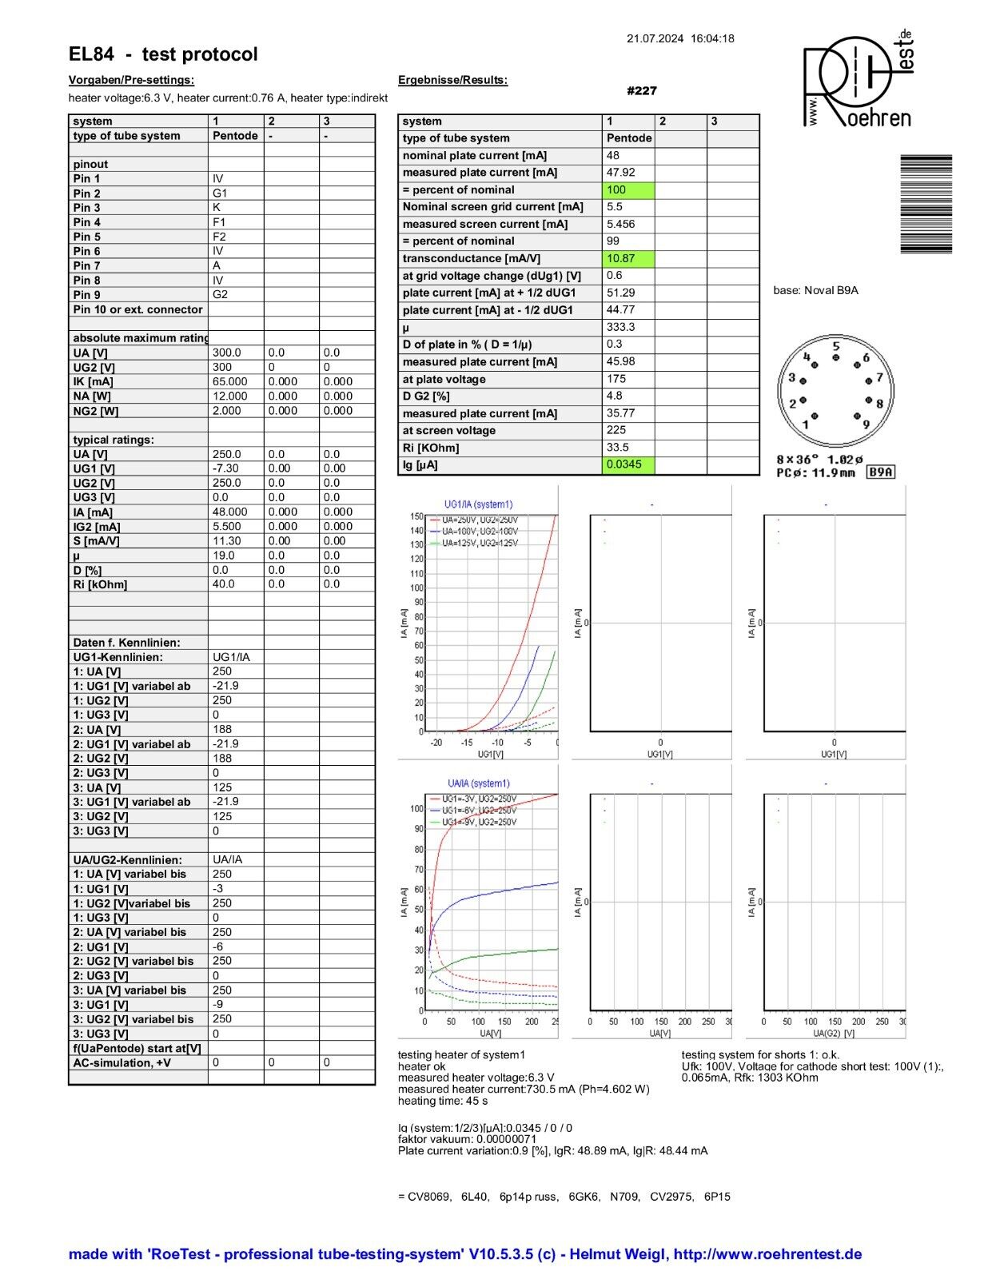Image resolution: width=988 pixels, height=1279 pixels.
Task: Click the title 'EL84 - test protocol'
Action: pyautogui.click(x=163, y=54)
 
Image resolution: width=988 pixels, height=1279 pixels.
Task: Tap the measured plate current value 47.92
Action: pyautogui.click(x=620, y=172)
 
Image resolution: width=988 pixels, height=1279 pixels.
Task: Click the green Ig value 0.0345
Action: pyautogui.click(x=623, y=464)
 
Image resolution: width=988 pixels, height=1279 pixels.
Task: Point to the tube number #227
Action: pyautogui.click(x=642, y=91)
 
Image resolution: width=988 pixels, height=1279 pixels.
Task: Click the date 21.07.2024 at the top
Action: pyautogui.click(x=655, y=38)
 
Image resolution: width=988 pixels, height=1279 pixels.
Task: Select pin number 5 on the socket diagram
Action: pyautogui.click(x=835, y=347)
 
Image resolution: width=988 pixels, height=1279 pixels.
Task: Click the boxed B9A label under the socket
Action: pyautogui.click(x=880, y=472)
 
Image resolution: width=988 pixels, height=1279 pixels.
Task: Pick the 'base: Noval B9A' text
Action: pyautogui.click(x=815, y=290)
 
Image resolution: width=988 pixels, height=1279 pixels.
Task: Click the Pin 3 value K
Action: pyautogui.click(x=217, y=207)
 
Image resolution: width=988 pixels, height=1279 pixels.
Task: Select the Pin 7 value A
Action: pyautogui.click(x=217, y=265)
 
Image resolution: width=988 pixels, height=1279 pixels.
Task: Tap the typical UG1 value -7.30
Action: pyautogui.click(x=225, y=468)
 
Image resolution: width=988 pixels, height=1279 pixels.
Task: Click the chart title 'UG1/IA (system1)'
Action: pyautogui.click(x=478, y=504)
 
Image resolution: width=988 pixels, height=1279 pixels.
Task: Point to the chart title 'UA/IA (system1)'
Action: pyautogui.click(x=478, y=783)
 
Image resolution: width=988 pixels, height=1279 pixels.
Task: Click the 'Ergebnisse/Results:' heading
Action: pyautogui.click(x=452, y=80)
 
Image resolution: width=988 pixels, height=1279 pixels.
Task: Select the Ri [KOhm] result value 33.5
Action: pyautogui.click(x=618, y=448)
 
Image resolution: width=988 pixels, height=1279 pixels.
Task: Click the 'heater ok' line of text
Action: pyautogui.click(x=421, y=1066)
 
